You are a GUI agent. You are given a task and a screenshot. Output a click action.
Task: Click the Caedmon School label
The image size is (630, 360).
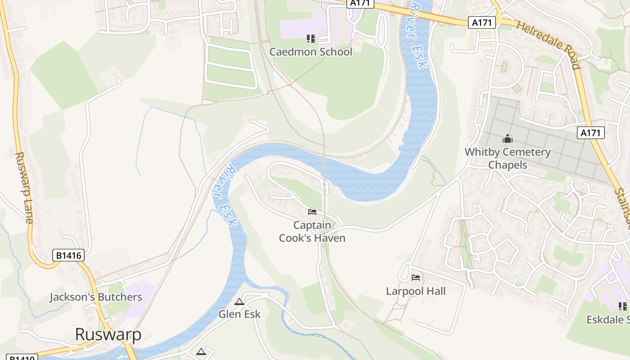click(x=310, y=52)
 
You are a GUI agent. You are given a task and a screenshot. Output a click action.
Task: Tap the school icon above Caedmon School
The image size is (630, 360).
click(x=310, y=39)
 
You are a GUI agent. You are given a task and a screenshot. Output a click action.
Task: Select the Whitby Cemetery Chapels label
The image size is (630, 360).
click(x=508, y=158)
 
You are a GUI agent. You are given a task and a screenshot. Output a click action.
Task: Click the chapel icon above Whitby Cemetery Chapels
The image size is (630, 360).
click(x=508, y=139)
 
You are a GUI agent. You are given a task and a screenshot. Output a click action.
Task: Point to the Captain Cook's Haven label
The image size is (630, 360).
click(x=312, y=231)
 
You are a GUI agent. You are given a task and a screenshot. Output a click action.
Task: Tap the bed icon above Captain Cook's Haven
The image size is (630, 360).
click(x=312, y=211)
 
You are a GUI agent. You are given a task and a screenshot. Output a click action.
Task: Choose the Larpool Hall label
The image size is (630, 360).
click(x=416, y=291)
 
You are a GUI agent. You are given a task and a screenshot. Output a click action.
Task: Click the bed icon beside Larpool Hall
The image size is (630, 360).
click(x=416, y=278)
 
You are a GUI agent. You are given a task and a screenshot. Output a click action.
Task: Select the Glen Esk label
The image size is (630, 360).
click(x=239, y=314)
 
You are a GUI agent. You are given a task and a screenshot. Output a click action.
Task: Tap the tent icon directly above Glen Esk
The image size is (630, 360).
click(x=239, y=301)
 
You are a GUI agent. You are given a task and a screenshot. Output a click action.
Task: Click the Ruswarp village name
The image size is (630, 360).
click(x=108, y=334)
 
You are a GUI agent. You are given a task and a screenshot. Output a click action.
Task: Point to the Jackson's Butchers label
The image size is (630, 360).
click(x=96, y=297)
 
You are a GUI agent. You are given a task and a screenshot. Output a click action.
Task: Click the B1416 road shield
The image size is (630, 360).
click(x=68, y=256)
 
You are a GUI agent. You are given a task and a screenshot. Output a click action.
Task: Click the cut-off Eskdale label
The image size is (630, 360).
click(x=608, y=319)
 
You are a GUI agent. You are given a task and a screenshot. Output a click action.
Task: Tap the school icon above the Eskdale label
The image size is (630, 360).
click(x=623, y=306)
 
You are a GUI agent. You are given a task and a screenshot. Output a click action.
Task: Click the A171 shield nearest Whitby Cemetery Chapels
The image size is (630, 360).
click(x=590, y=133)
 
